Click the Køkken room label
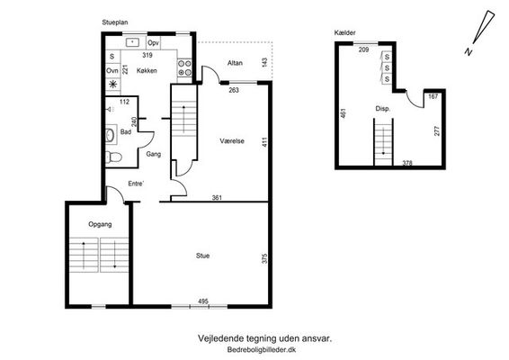click(147, 70)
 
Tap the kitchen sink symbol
click(132, 42)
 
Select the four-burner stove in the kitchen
click(184, 67)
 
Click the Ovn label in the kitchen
click(112, 70)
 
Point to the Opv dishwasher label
click(153, 43)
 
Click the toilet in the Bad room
click(113, 157)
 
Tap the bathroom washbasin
click(110, 134)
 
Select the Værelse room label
click(232, 141)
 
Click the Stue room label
click(202, 256)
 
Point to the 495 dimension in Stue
click(203, 301)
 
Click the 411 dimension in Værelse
click(265, 142)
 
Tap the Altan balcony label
click(235, 63)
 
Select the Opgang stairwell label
click(100, 224)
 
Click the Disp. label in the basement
click(383, 109)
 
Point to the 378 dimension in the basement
click(407, 163)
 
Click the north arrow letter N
click(469, 52)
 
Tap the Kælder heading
click(344, 32)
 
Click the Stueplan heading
click(115, 22)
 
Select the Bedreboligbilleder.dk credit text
click(262, 350)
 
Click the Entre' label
click(136, 184)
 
